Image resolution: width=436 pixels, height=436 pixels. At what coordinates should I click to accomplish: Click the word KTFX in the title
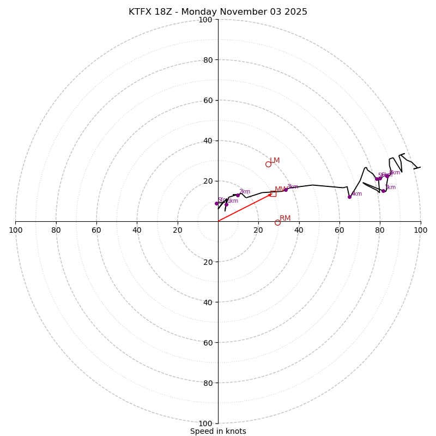point(140,12)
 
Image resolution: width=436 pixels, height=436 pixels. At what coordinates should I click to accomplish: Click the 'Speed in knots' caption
point(218,431)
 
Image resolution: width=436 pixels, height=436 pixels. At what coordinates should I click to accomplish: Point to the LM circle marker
point(268,164)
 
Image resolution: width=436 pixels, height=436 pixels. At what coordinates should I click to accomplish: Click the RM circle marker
point(277,222)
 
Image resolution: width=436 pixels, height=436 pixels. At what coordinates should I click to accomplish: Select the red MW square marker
point(273,193)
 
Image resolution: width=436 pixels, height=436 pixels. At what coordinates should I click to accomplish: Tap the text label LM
point(275,160)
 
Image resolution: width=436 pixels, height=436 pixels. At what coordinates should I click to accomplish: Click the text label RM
point(285,218)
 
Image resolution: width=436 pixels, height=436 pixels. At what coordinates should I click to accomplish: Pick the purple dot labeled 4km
point(349,197)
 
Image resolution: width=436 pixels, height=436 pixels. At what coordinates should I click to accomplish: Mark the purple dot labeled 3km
point(286,190)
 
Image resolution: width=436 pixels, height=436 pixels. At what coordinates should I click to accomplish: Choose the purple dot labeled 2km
point(238,195)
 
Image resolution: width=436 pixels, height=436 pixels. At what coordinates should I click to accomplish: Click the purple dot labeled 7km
point(383,191)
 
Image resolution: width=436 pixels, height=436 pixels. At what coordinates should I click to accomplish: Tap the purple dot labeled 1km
point(226,204)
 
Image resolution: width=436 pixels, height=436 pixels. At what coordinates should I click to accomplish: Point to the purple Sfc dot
point(216,203)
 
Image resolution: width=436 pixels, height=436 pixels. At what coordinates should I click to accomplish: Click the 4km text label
point(356,193)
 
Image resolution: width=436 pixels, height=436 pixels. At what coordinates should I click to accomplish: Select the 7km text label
point(390,187)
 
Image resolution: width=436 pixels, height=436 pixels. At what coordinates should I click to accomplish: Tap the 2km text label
point(245,191)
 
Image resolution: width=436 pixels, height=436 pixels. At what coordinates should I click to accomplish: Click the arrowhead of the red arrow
point(270,194)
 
